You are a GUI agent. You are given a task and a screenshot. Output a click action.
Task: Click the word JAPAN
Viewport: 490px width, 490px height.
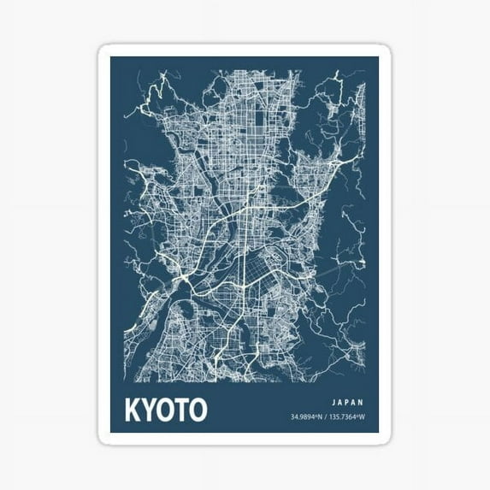[347, 400]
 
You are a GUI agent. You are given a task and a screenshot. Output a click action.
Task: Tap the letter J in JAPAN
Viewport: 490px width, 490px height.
[331, 400]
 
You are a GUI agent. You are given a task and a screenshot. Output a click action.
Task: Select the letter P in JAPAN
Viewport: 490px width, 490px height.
[347, 400]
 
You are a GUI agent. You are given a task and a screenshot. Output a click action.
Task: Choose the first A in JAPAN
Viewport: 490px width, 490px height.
[339, 400]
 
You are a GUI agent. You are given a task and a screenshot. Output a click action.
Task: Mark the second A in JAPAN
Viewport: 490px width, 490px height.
[355, 400]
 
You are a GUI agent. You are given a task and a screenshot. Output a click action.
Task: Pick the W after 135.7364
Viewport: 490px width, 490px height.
[363, 417]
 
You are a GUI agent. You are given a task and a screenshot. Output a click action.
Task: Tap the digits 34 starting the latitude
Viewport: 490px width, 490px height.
[293, 417]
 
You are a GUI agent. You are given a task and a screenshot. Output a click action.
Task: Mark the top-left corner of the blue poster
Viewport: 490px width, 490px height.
[111, 57]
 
